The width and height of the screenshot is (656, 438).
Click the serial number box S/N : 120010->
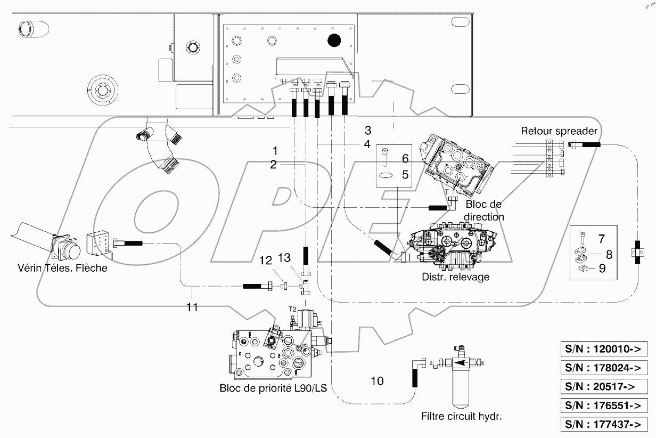click(603, 350)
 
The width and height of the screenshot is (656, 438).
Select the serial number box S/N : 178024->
click(603, 368)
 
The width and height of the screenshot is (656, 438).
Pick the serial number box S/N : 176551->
click(603, 405)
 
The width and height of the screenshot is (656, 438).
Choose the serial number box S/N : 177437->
click(603, 424)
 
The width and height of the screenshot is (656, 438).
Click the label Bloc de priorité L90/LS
click(273, 388)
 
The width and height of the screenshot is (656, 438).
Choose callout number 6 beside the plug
click(405, 158)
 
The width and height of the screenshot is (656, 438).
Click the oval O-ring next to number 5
click(386, 174)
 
